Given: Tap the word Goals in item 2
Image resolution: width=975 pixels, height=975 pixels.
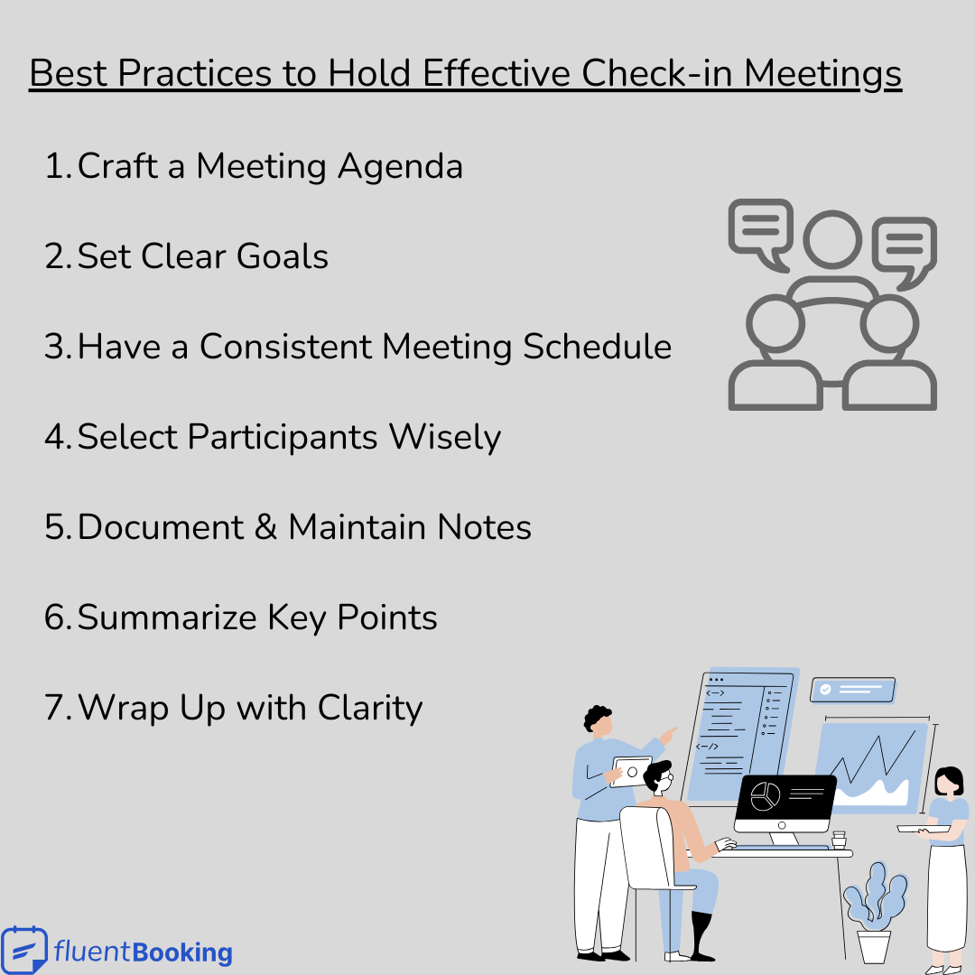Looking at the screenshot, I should [x=283, y=257].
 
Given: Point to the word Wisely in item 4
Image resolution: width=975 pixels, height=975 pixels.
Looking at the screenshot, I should [x=445, y=438].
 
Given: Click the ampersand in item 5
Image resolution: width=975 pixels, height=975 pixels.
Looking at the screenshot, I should [x=265, y=528].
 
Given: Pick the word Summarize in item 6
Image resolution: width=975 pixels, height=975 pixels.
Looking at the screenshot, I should [x=167, y=618].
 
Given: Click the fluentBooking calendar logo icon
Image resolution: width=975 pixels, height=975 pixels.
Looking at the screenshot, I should [x=23, y=950].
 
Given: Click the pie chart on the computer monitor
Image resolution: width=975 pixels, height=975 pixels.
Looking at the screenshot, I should [x=765, y=797].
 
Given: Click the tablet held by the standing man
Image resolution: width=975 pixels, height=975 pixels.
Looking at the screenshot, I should [x=631, y=772].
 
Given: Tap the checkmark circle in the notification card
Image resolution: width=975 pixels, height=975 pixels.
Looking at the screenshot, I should [x=825, y=689].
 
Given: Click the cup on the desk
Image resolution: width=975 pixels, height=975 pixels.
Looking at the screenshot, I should [x=840, y=840].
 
